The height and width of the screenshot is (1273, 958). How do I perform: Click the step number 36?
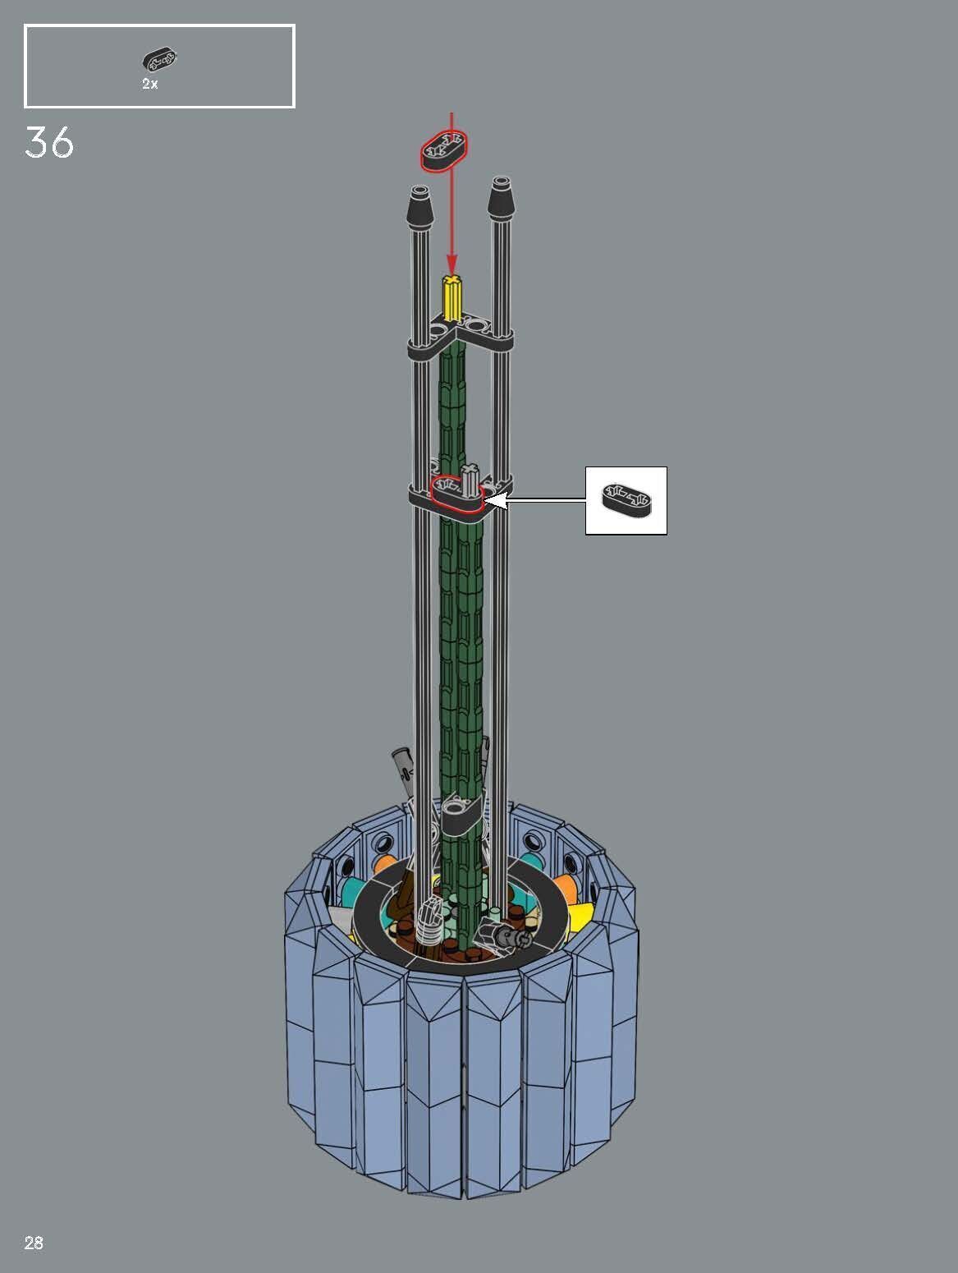(49, 143)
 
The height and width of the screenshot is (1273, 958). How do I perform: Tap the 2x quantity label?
(149, 84)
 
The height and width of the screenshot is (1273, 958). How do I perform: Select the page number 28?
(34, 1243)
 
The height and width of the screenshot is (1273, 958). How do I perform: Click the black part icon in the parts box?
(159, 59)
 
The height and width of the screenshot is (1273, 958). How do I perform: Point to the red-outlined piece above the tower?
(444, 150)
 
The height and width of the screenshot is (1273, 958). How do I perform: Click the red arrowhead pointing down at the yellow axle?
(451, 263)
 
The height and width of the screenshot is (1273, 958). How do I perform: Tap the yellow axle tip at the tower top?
(451, 297)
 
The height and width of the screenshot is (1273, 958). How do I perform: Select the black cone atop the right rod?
(500, 200)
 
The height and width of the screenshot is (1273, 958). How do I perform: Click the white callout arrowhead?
(496, 499)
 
